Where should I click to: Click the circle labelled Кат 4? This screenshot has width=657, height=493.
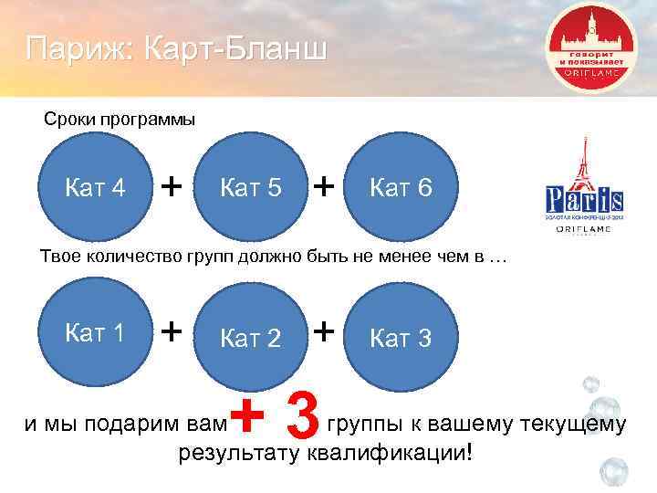click(x=97, y=190)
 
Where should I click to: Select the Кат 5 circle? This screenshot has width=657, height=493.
click(x=250, y=190)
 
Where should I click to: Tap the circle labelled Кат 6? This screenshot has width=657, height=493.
click(x=401, y=190)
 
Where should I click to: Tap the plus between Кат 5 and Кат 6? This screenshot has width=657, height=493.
click(x=324, y=186)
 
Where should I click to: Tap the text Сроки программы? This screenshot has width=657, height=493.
click(x=120, y=120)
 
